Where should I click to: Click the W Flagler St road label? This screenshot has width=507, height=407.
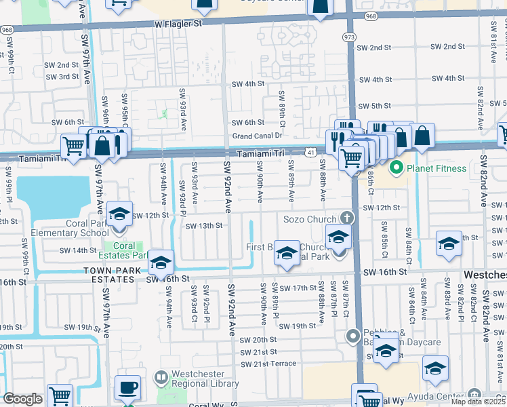click(179, 23)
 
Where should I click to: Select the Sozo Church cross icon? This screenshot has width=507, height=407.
click(346, 218)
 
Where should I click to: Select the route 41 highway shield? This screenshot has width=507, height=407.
click(310, 154)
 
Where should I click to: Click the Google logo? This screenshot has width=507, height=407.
click(22, 399)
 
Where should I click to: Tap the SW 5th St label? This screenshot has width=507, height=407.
click(373, 106)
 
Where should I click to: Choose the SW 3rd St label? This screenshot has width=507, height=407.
click(64, 77)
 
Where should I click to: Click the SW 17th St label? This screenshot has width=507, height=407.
click(292, 288)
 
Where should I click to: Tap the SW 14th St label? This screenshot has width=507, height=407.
click(79, 250)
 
